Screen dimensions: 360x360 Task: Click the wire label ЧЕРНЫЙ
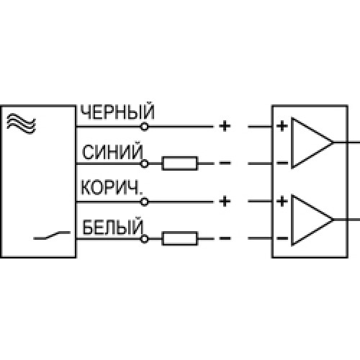pos(117,112)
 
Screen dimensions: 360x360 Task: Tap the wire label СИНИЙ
pos(112,152)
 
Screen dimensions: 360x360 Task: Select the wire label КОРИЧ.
pos(112,187)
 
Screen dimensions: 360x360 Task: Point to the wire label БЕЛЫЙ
pos(112,227)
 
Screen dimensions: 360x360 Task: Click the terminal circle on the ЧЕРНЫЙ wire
pos(144,127)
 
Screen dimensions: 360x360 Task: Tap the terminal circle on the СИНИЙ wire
pos(144,163)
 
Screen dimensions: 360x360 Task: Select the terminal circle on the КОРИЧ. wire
pos(144,202)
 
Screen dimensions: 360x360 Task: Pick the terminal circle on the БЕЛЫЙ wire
pos(144,239)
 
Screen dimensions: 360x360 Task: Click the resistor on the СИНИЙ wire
pos(180,163)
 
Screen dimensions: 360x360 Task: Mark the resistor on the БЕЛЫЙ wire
pos(180,238)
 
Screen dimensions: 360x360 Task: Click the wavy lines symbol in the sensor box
pos(21,124)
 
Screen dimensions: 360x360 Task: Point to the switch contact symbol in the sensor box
pos(52,235)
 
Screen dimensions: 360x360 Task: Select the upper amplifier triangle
pos(312,143)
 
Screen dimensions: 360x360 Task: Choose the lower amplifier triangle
pos(312,220)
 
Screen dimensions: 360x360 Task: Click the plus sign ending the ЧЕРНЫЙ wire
pos(225,126)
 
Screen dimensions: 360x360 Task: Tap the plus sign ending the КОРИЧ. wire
pos(225,202)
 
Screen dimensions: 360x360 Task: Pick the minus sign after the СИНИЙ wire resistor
pos(225,163)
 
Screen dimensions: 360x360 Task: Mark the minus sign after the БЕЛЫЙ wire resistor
pos(225,238)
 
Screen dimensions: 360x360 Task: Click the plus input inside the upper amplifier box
pos(282,126)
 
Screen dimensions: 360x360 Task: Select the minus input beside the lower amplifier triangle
pos(282,238)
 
